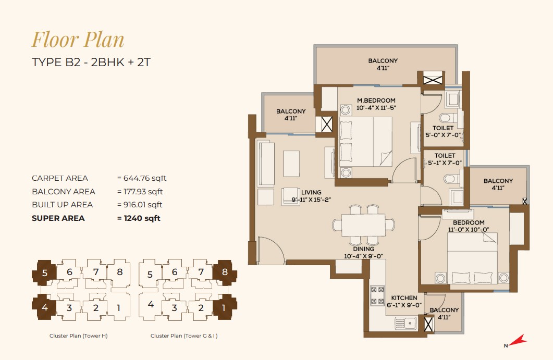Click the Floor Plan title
tap(78, 40)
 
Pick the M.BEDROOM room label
tap(376, 101)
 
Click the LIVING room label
tap(311, 193)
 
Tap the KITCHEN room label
tap(404, 298)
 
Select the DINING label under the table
tap(363, 249)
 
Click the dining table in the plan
tap(363, 225)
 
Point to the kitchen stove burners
tap(377, 295)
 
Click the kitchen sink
tap(405, 323)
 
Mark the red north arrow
tap(518, 340)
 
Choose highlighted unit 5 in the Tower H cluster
tap(44, 272)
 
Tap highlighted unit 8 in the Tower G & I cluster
tap(225, 272)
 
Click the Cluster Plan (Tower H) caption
tap(78, 336)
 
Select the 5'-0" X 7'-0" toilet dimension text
tap(443, 135)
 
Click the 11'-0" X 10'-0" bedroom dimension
tap(469, 230)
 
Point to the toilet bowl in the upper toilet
tap(446, 117)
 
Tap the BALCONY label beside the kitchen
tap(444, 310)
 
